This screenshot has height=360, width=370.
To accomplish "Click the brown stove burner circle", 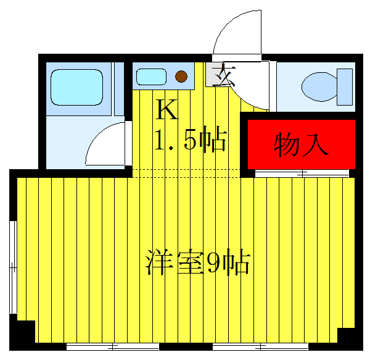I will pyautogui.click(x=181, y=77).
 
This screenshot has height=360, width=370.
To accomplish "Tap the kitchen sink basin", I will pyautogui.click(x=151, y=77).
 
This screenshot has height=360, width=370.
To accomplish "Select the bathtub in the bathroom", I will pyautogui.click(x=76, y=86).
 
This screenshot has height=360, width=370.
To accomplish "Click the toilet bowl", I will pyautogui.click(x=320, y=86).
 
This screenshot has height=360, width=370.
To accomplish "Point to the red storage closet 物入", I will pyautogui.click(x=302, y=143).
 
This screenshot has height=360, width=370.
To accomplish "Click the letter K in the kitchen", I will pyautogui.click(x=166, y=111).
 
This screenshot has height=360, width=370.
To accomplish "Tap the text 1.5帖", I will pyautogui.click(x=189, y=141).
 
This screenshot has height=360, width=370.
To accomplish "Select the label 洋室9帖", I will pyautogui.click(x=197, y=262).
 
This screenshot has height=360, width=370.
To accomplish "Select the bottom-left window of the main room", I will pyautogui.click(x=107, y=346).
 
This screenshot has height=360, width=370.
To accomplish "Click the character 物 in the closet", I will pyautogui.click(x=286, y=144).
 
